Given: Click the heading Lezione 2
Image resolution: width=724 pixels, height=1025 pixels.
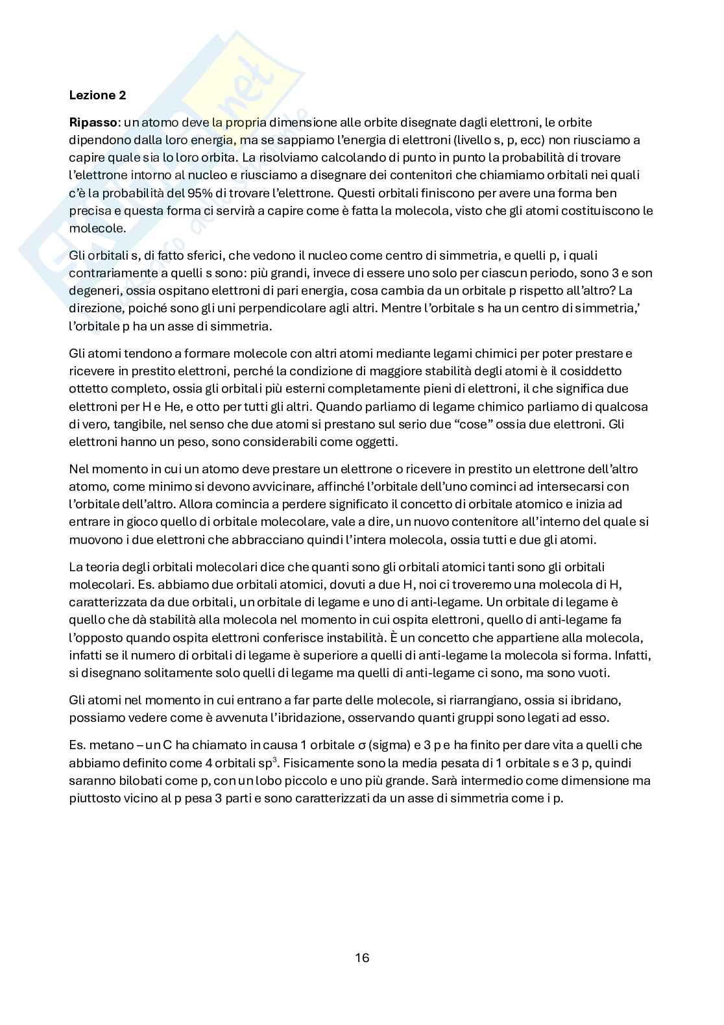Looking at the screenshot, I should pos(97,95).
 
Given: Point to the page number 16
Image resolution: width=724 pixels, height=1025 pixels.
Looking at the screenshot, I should pos(362,957).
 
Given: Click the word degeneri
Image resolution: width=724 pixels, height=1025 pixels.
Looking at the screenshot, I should pos(93,291).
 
